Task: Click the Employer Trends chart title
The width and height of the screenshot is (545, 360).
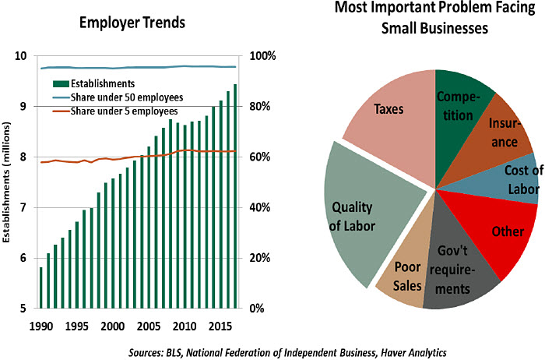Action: (132, 22)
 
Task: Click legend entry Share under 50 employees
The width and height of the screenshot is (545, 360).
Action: (126, 97)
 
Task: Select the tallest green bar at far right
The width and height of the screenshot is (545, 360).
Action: (235, 195)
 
